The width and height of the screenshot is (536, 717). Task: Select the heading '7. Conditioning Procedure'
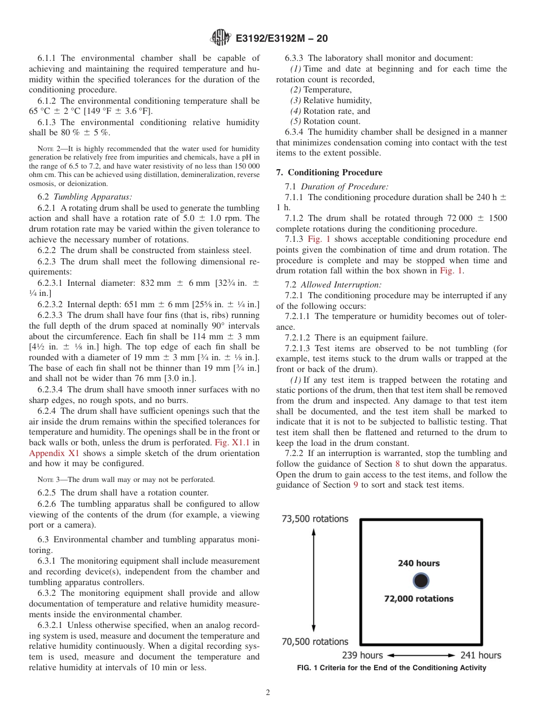[x=329, y=172]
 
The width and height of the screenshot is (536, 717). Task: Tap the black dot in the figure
[x=419, y=581]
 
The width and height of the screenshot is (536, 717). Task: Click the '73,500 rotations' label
[x=315, y=519]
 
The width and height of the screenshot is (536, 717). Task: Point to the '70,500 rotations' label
[x=315, y=641]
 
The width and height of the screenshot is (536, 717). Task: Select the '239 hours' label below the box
[x=362, y=655]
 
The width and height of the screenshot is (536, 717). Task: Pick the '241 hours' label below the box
[x=481, y=655]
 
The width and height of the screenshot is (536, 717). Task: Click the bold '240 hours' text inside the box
[x=419, y=563]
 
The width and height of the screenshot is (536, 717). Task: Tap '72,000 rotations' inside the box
[x=419, y=599]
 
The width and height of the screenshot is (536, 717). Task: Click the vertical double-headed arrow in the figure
[x=314, y=580]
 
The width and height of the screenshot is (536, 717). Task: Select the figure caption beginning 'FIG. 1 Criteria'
[x=392, y=668]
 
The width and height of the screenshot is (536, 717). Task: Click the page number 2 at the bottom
[x=268, y=693]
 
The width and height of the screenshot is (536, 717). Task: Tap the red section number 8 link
[x=398, y=464]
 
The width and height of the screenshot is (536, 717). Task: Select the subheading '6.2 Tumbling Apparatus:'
[x=85, y=197]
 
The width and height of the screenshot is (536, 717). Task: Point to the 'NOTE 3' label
[x=47, y=480]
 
